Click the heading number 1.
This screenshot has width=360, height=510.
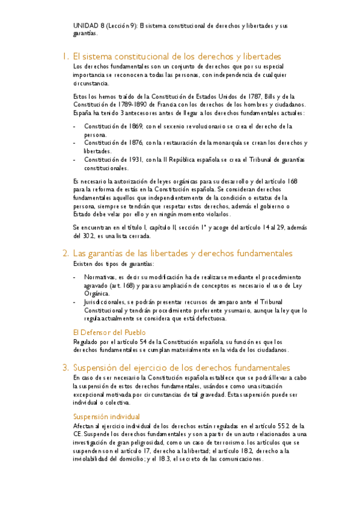pos(64,56)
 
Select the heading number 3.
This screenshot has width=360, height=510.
pos(64,367)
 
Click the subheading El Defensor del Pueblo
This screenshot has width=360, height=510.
pos(108,332)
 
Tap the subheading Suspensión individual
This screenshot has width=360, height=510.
pos(106,416)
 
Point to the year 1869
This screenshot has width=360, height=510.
pos(132,126)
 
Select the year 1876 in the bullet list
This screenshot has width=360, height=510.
pos(132,143)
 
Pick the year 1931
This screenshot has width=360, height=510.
pos(132,159)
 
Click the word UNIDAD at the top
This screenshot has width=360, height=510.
pos(85,26)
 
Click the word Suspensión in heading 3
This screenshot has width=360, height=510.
pos(98,367)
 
